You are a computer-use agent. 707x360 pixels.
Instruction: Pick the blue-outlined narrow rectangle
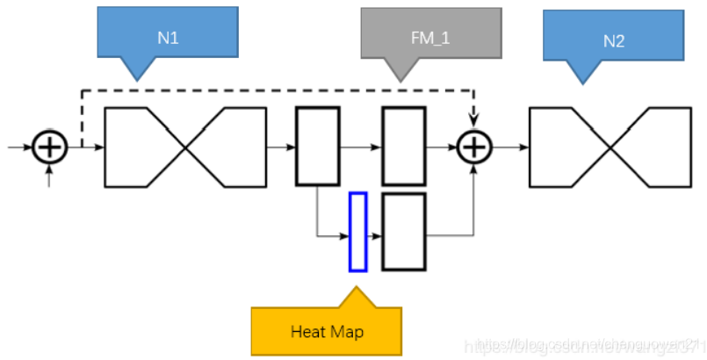357,231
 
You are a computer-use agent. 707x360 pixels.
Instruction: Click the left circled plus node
49,148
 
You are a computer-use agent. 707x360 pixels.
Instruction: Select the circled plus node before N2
473,148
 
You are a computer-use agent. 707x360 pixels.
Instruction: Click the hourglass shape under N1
184,148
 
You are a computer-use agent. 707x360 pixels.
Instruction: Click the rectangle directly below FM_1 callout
403,146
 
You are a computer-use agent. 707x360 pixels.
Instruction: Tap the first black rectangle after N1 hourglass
317,146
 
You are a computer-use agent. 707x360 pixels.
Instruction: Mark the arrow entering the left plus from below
49,176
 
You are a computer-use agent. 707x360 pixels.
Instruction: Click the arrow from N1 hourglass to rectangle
280,148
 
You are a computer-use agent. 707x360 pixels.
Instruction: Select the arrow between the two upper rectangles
360,148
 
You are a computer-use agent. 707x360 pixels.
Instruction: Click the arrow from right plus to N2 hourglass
509,148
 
